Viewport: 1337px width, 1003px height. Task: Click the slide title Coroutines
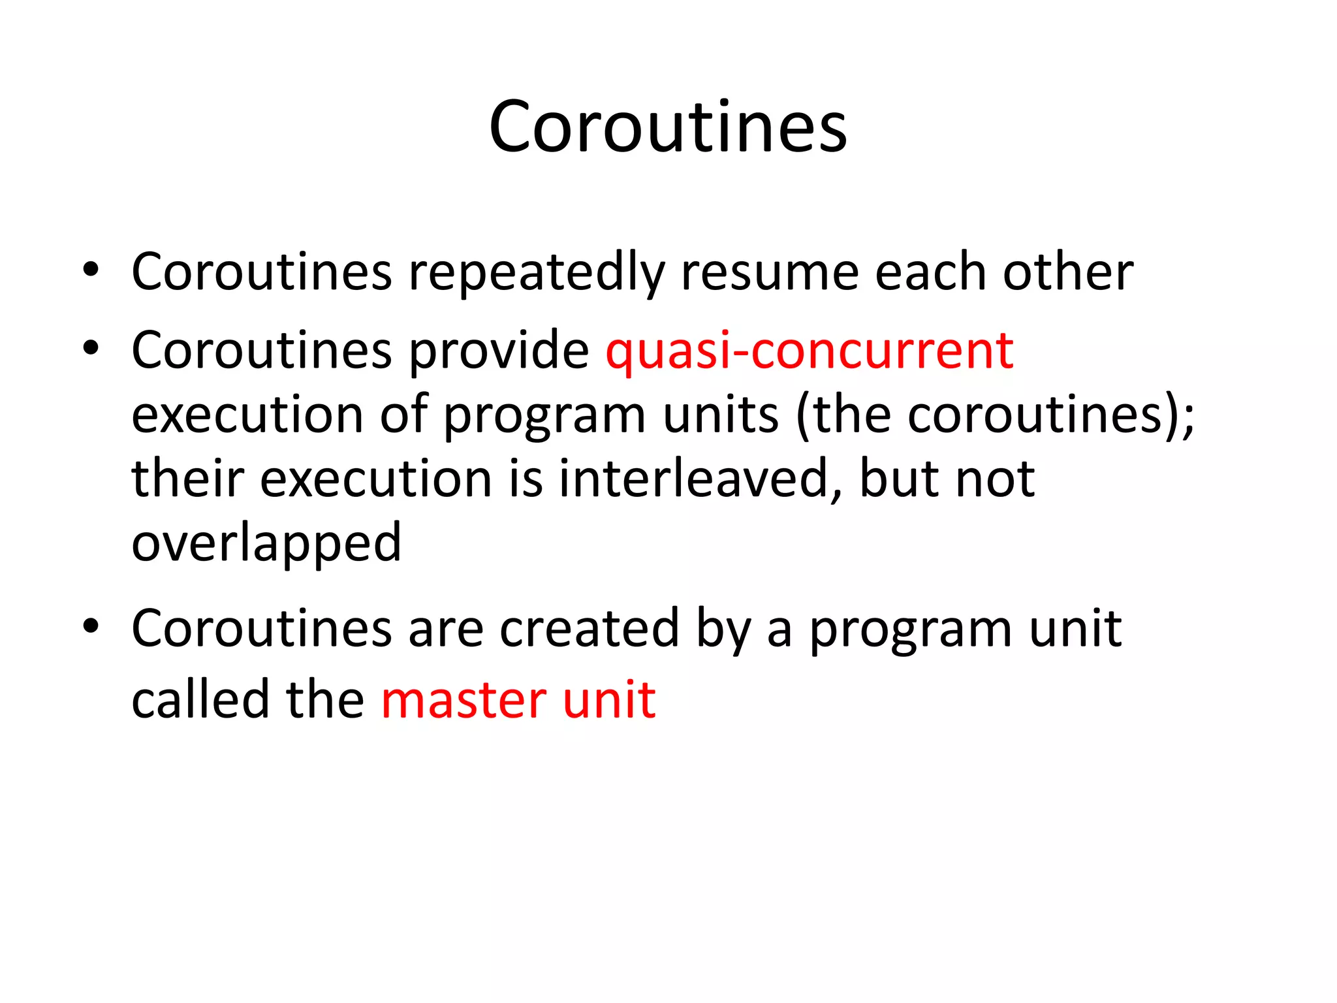coord(667,127)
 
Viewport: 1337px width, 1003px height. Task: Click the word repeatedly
coord(536,273)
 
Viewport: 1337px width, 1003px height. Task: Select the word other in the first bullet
coord(1068,272)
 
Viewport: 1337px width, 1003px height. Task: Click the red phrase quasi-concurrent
coord(810,351)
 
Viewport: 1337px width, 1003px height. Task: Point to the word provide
coord(499,351)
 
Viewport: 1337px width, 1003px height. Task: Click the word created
coord(590,628)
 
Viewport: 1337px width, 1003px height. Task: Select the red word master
coord(463,700)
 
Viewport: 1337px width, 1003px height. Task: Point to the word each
coord(930,272)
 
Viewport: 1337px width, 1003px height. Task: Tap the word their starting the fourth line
coord(188,479)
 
